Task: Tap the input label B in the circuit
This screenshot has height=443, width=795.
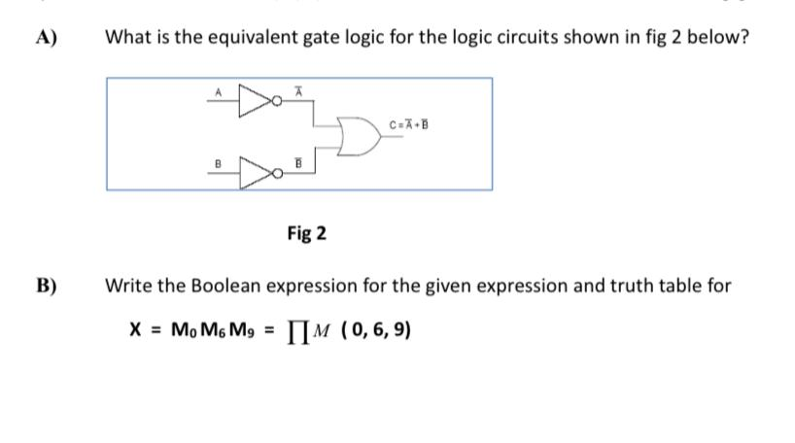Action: point(220,166)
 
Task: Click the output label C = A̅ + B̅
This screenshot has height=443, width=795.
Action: point(407,124)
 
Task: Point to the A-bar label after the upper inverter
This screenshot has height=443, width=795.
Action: point(300,89)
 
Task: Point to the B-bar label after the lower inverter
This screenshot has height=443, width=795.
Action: point(300,166)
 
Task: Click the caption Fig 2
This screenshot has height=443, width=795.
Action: point(307,234)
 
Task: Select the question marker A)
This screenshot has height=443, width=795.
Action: point(46,39)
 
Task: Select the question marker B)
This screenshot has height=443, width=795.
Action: point(46,286)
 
